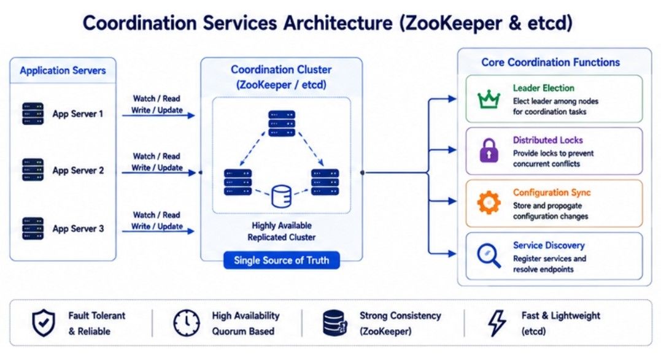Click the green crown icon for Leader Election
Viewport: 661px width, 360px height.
tap(489, 99)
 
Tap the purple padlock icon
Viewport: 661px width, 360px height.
tap(489, 150)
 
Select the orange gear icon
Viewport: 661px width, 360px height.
tap(489, 202)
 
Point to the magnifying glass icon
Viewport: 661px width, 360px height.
tap(489, 256)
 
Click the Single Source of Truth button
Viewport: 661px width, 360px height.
tap(282, 260)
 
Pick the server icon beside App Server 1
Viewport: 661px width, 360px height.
tap(33, 113)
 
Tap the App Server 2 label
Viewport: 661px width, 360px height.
tap(78, 170)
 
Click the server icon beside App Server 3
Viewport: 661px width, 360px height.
tap(33, 229)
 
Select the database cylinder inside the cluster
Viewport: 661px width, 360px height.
tap(282, 196)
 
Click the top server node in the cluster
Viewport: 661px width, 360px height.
tap(282, 123)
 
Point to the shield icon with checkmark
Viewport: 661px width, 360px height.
tap(44, 323)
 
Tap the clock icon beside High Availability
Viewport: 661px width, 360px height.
tap(187, 323)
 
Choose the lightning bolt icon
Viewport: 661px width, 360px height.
tap(497, 323)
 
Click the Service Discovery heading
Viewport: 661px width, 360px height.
tap(549, 245)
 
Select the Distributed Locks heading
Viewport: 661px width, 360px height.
tap(548, 140)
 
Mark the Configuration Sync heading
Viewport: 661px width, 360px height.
tap(552, 193)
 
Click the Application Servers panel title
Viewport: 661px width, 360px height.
tap(63, 71)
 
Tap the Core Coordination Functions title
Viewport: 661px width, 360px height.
tap(551, 63)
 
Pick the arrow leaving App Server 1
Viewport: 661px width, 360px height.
tap(158, 115)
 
